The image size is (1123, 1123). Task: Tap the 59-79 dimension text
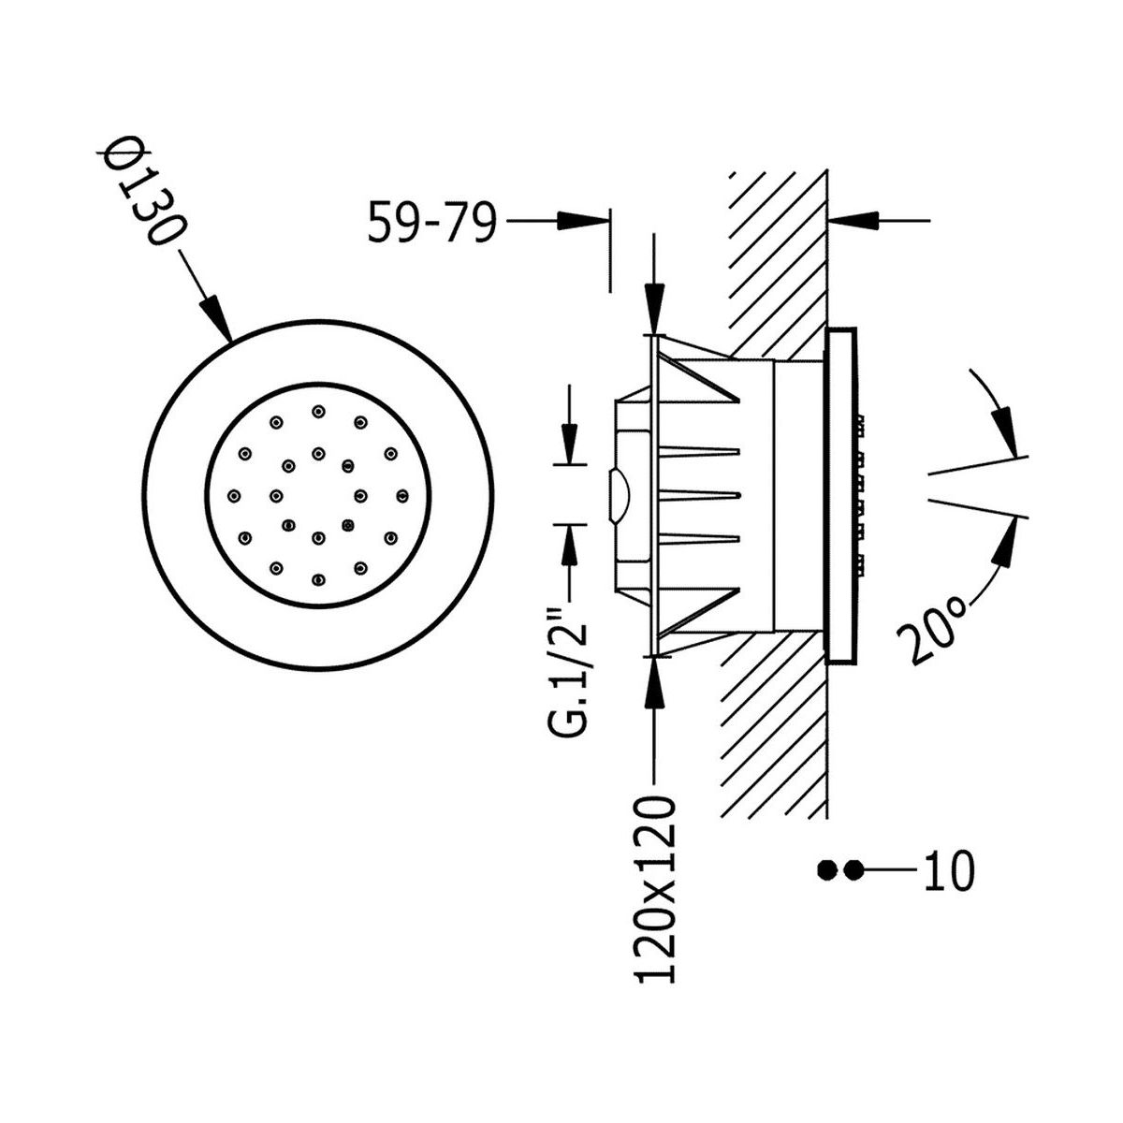tap(431, 222)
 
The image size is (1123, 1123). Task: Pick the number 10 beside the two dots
tap(949, 887)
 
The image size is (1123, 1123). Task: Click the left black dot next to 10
tap(825, 887)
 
